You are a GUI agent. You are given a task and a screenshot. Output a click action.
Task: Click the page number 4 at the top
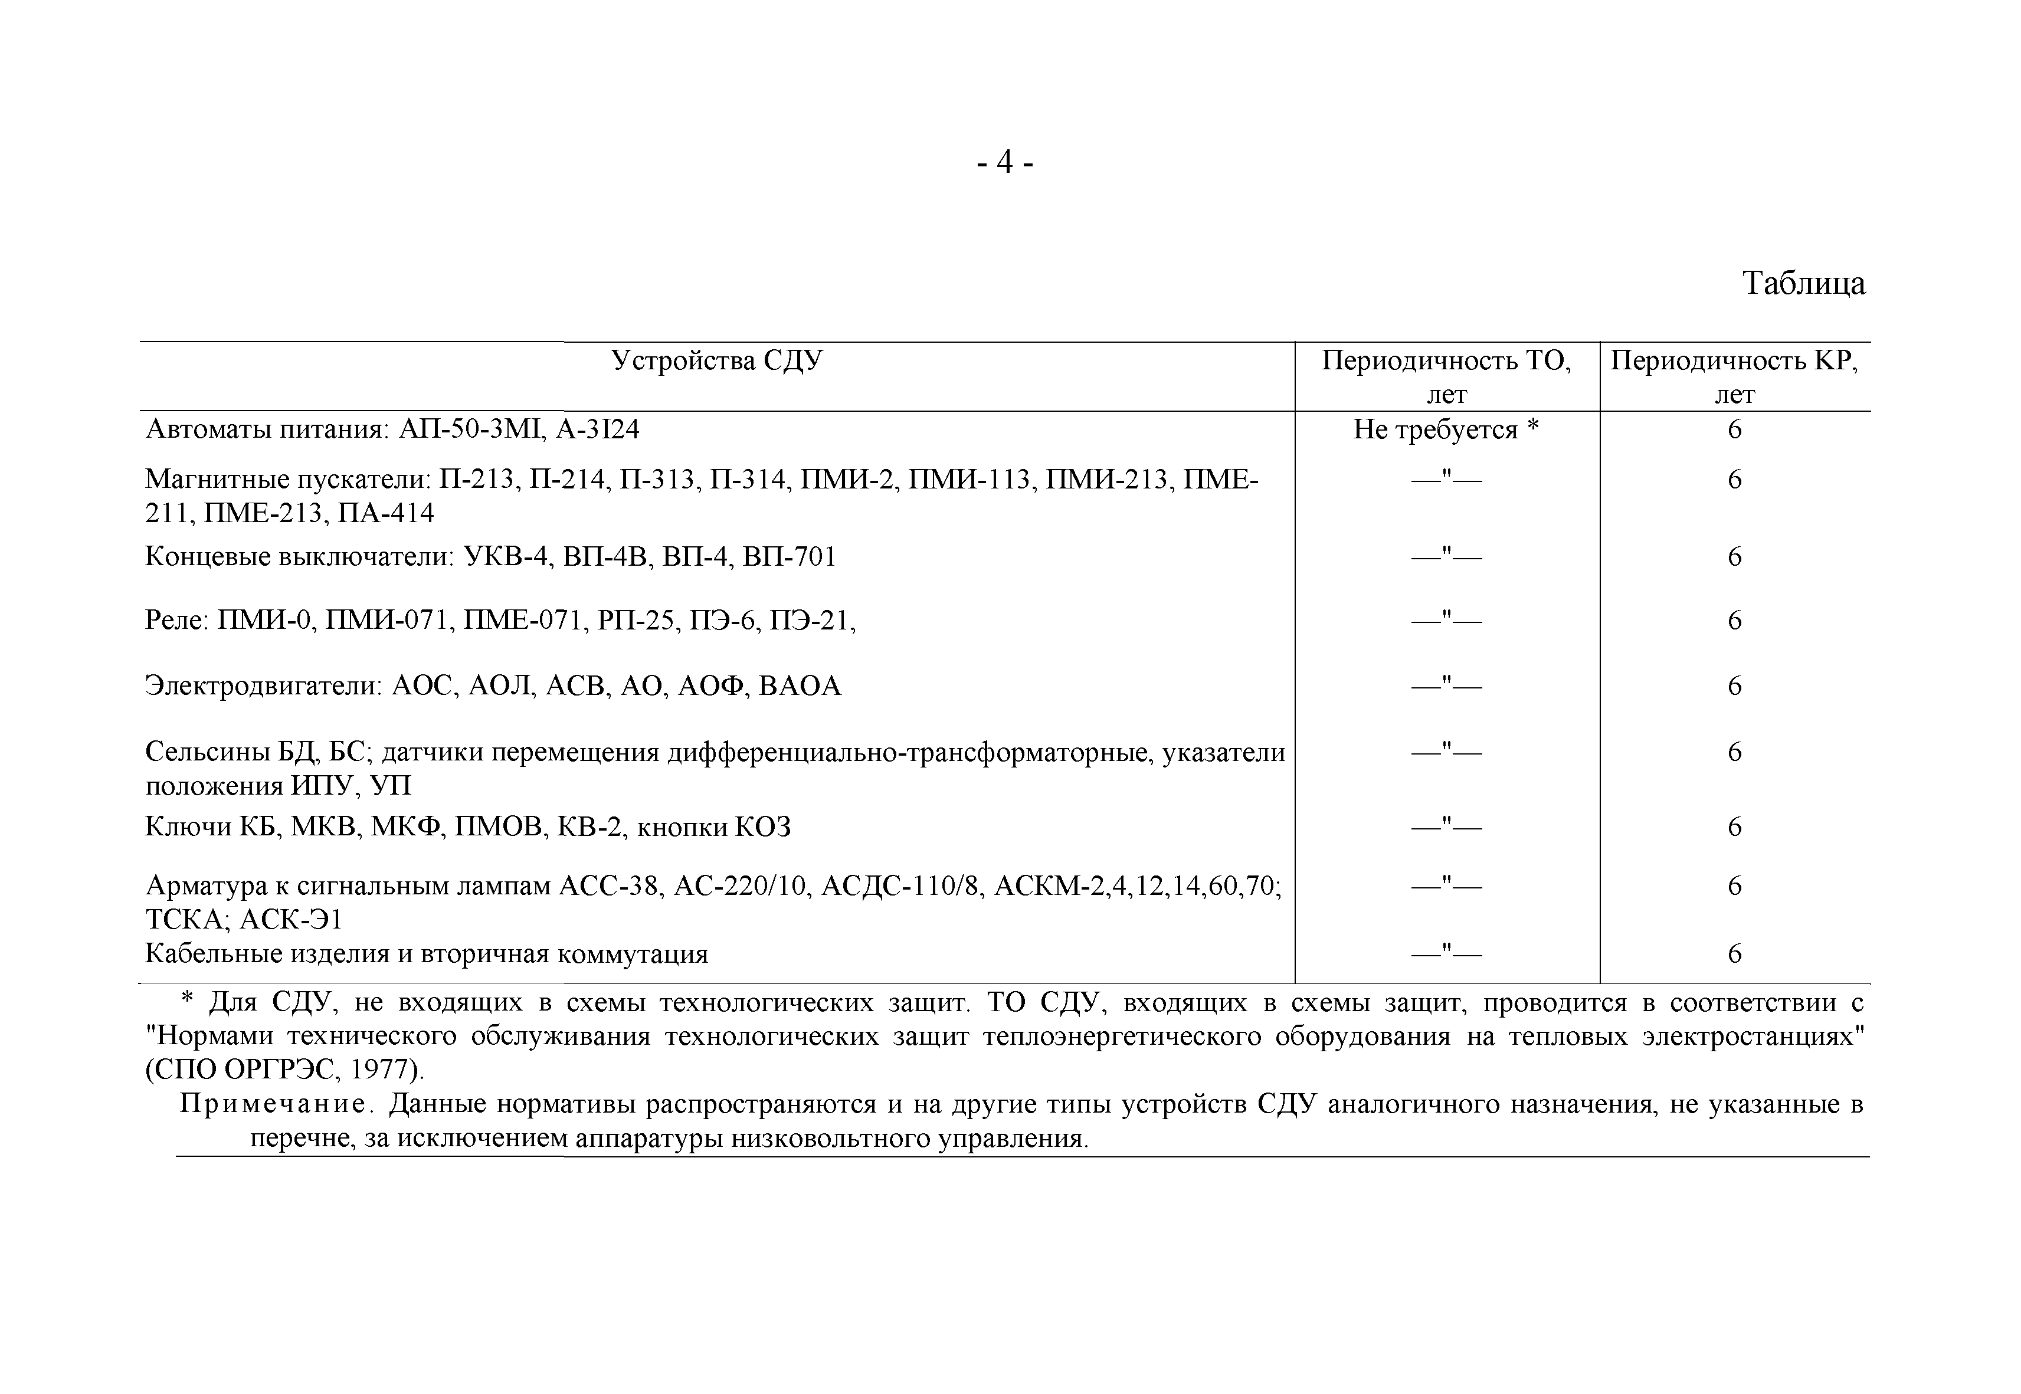(x=1004, y=162)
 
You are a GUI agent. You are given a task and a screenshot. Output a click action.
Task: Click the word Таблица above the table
(x=1803, y=283)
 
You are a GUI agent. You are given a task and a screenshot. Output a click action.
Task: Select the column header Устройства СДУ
(x=716, y=360)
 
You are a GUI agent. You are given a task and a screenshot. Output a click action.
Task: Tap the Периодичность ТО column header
(x=1446, y=376)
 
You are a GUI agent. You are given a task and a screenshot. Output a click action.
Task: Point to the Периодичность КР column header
(x=1735, y=376)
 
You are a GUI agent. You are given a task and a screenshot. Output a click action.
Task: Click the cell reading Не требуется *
(x=1446, y=429)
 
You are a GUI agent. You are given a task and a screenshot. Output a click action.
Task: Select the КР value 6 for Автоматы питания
(x=1735, y=429)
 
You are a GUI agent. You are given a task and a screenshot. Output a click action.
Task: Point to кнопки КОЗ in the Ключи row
(x=713, y=827)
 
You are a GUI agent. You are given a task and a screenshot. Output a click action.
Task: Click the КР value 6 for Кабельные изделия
(x=1735, y=954)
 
